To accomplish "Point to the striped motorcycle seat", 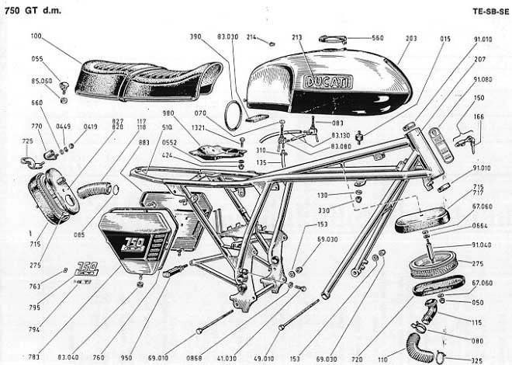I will (x=144, y=75).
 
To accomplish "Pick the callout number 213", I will (x=295, y=36).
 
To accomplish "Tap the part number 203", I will (x=411, y=36).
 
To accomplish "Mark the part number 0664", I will (x=482, y=227).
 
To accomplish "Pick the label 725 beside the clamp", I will (x=26, y=141).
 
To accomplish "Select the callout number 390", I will (x=195, y=36).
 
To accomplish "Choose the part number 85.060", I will (x=41, y=80).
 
